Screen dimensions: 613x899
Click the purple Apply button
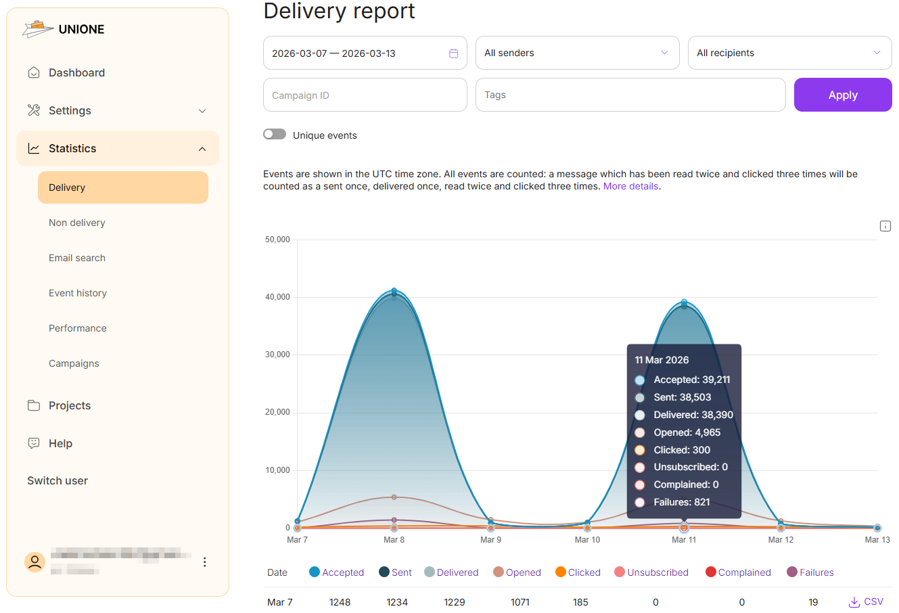(842, 95)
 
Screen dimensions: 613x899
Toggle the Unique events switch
(275, 134)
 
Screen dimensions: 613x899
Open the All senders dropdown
(577, 53)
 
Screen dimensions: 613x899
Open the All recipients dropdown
(789, 53)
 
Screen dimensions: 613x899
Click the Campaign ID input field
(365, 95)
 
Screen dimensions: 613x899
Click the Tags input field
(630, 95)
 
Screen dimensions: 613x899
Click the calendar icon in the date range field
(454, 53)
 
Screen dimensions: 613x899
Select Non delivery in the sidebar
(77, 223)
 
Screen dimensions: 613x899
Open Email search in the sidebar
(77, 258)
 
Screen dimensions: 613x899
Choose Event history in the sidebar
(78, 293)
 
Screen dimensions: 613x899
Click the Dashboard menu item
(76, 72)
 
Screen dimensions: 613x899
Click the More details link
(630, 186)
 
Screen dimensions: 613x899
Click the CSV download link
(867, 601)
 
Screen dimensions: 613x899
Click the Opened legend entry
(517, 572)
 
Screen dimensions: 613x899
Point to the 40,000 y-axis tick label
(277, 297)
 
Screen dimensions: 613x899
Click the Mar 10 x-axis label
(587, 540)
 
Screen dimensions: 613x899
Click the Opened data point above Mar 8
(394, 497)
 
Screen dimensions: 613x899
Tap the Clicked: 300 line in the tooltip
(681, 450)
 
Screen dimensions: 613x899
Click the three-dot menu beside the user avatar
(204, 562)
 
